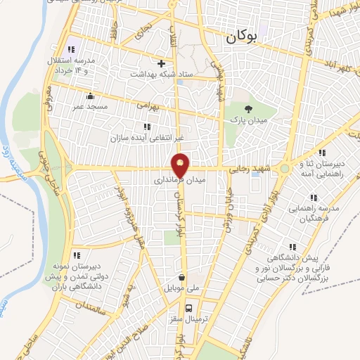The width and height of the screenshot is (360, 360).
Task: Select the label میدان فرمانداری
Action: click(180, 181)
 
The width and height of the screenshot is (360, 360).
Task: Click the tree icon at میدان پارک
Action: click(247, 108)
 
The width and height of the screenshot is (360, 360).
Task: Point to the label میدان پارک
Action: click(247, 120)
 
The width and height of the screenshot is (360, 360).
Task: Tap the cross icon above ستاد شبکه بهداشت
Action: click(161, 63)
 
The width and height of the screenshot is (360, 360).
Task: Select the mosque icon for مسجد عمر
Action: click(90, 96)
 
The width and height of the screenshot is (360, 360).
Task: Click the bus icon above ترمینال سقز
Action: click(188, 308)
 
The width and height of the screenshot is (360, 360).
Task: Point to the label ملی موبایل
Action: click(182, 289)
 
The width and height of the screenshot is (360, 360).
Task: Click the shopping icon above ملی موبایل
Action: click(182, 277)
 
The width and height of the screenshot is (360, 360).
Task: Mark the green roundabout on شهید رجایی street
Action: click(283, 169)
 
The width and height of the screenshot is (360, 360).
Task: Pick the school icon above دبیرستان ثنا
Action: click(321, 153)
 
